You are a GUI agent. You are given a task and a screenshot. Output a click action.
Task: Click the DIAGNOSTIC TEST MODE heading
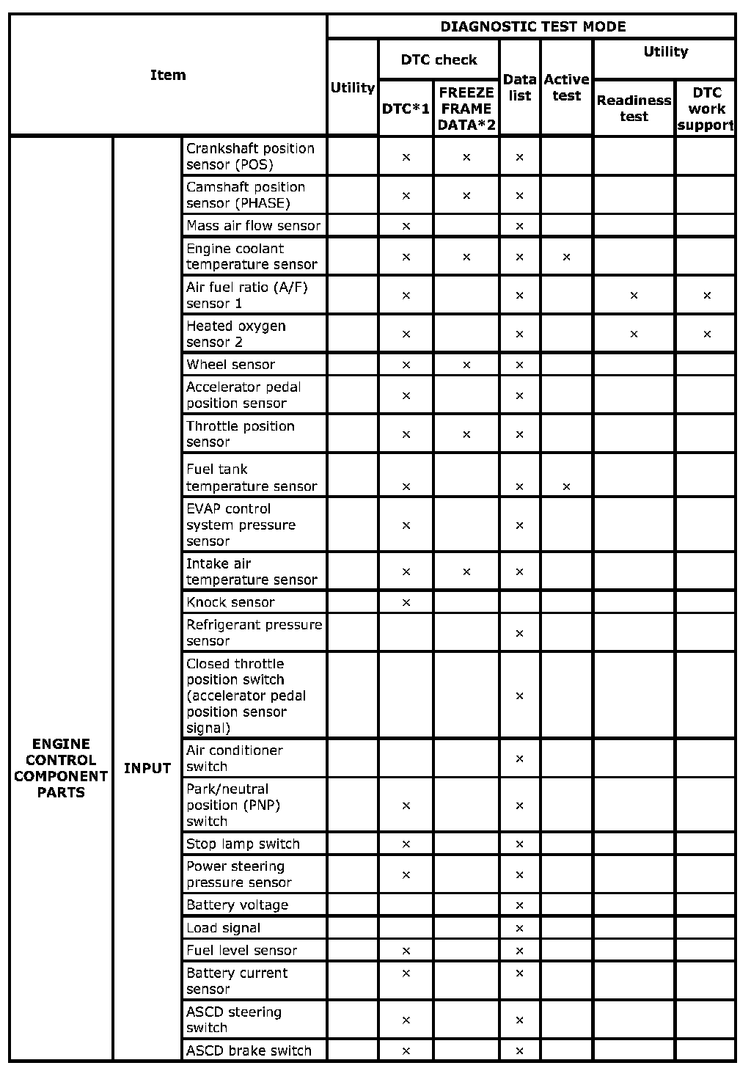532,27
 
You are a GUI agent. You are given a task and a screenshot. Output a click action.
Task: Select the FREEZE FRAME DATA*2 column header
466,109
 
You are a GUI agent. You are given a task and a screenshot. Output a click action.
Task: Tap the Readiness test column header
634,109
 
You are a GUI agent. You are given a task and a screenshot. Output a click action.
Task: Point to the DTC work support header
706,109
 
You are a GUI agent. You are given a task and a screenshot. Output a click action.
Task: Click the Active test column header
566,87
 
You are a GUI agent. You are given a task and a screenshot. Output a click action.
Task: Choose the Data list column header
519,87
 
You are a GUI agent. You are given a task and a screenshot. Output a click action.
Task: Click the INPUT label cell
147,768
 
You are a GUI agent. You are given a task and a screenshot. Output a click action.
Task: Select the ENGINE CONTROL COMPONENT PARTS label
61,768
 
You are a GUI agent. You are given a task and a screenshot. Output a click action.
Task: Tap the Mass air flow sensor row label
253,226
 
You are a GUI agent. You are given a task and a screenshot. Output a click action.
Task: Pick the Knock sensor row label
230,602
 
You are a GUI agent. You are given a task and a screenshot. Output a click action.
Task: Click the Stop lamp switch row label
243,844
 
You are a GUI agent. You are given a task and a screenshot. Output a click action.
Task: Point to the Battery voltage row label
237,905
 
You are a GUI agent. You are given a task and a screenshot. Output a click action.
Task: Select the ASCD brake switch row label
249,1050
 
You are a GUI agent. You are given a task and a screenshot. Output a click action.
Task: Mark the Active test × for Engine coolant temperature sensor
566,257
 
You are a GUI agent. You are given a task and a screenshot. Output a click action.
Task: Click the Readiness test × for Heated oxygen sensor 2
634,335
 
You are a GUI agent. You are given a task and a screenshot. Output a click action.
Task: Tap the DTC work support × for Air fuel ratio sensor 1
707,296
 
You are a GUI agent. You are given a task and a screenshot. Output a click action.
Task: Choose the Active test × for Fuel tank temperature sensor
566,486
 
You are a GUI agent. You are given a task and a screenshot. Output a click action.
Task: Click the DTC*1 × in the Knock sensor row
406,602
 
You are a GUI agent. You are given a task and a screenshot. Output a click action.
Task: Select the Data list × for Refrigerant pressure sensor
519,633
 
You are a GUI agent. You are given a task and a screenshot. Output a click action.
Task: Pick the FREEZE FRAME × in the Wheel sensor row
466,365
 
